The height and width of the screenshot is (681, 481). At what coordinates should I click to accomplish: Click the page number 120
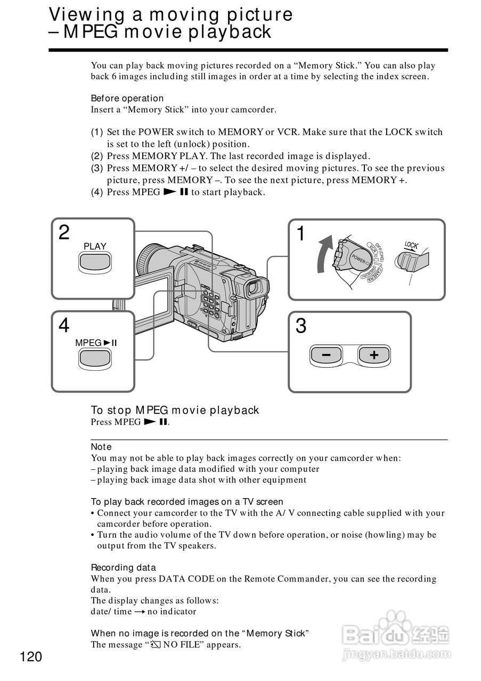(31, 657)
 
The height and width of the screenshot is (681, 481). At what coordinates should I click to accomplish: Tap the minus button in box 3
(325, 355)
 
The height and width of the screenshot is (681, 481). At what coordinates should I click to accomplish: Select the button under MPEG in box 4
(95, 360)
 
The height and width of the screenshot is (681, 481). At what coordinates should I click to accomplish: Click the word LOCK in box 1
(411, 246)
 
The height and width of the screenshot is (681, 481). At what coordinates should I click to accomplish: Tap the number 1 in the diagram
(301, 234)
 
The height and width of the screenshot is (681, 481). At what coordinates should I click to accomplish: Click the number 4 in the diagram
(64, 325)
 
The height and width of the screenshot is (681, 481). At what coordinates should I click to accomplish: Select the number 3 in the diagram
(301, 326)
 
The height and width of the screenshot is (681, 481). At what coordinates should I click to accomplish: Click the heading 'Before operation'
(127, 98)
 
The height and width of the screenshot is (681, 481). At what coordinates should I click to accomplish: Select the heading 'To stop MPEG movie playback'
(175, 410)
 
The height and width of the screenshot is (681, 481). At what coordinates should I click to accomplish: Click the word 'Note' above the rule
(101, 447)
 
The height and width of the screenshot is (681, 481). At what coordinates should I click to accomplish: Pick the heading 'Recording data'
(123, 568)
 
